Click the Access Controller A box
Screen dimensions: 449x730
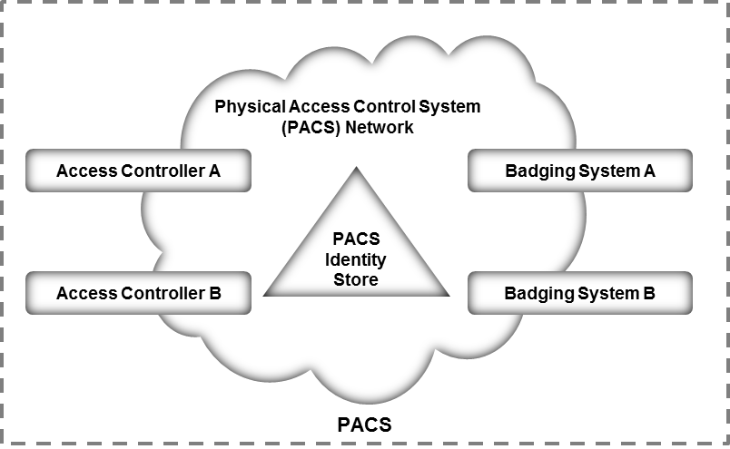click(138, 171)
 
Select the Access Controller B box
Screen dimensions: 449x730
click(138, 293)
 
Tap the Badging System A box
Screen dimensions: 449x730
click(580, 171)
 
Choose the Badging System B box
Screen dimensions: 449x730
click(580, 293)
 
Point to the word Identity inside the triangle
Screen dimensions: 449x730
click(357, 260)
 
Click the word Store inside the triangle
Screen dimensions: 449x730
click(357, 280)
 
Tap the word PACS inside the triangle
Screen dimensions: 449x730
click(357, 240)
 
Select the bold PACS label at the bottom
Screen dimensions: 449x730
click(365, 425)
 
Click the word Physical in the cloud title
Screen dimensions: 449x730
click(244, 107)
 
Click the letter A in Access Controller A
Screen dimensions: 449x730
click(214, 171)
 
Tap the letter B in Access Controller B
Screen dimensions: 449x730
click(214, 293)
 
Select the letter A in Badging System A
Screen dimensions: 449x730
click(649, 171)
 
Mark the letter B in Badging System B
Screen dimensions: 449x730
click(649, 293)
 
